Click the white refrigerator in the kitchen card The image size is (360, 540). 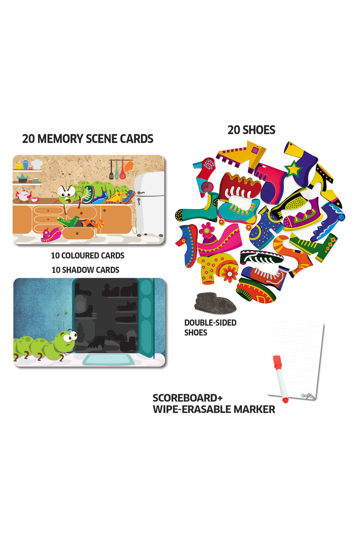[x=149, y=205]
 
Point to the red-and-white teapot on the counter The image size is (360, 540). [x=24, y=196]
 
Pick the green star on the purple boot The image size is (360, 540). [x=294, y=169]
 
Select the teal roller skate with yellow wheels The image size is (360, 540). [x=238, y=211]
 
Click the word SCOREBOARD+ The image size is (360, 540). [x=188, y=398]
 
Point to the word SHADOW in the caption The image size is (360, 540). [x=77, y=270]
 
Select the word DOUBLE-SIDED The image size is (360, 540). [x=210, y=323]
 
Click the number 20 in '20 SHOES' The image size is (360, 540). [x=234, y=130]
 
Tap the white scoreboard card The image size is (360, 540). [x=296, y=360]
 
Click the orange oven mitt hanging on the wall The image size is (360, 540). [x=128, y=166]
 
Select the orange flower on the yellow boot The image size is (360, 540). [x=228, y=272]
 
